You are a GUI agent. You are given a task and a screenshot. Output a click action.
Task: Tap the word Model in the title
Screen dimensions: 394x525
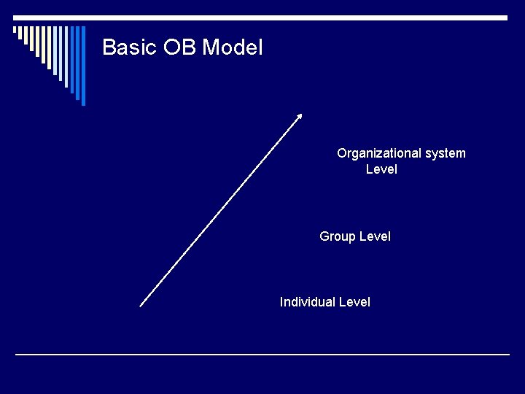(232, 47)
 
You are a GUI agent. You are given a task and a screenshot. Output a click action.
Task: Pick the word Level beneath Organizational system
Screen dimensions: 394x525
(381, 169)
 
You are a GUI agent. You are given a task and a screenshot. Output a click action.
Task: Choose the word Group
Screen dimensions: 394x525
(338, 237)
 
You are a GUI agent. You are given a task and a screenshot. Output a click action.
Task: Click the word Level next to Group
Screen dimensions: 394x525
(375, 236)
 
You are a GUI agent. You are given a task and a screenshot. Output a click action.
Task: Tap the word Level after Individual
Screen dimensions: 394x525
(354, 302)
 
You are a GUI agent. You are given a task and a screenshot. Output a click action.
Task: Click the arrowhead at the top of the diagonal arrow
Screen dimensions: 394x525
(299, 116)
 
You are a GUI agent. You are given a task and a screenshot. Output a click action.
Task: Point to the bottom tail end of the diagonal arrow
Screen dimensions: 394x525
(141, 306)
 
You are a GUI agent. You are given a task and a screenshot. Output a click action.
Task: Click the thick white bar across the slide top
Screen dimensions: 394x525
(262, 18)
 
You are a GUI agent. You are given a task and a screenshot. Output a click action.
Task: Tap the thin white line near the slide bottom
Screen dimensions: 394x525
(262, 355)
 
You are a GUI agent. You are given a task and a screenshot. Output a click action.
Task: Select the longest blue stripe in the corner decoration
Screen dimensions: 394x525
(83, 66)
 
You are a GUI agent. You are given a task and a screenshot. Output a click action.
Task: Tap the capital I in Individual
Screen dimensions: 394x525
(281, 302)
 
